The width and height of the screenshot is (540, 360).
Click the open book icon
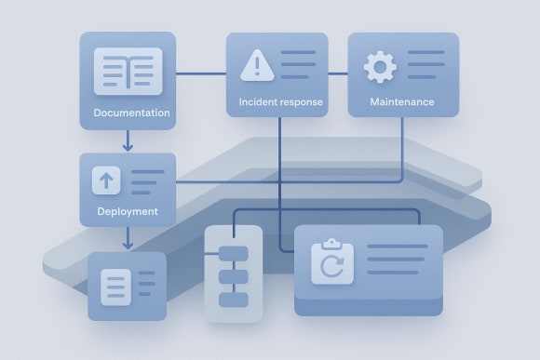pos(128,72)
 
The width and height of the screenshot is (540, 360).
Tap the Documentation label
pos(131,113)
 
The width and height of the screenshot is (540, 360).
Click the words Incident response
pos(281,101)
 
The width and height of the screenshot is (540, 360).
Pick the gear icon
pos(380,67)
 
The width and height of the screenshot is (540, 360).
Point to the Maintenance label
pos(401,101)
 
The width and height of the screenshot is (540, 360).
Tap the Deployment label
pos(128,211)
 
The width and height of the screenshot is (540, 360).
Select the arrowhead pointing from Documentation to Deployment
pos(128,147)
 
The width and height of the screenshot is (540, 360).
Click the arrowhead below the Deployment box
pos(128,245)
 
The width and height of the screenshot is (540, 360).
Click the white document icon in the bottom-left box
pos(115,285)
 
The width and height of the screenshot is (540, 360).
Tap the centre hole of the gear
pos(380,67)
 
